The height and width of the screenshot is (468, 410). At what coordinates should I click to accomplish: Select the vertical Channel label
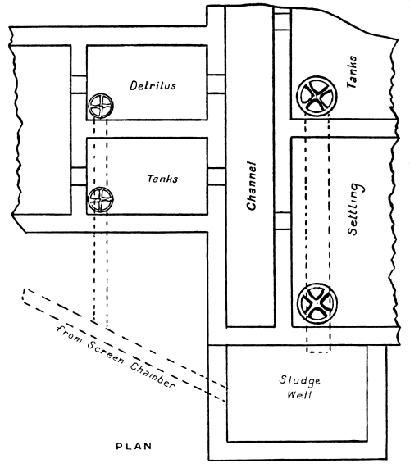[x=254, y=185]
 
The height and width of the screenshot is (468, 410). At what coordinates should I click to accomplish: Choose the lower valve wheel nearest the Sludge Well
[x=316, y=304]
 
